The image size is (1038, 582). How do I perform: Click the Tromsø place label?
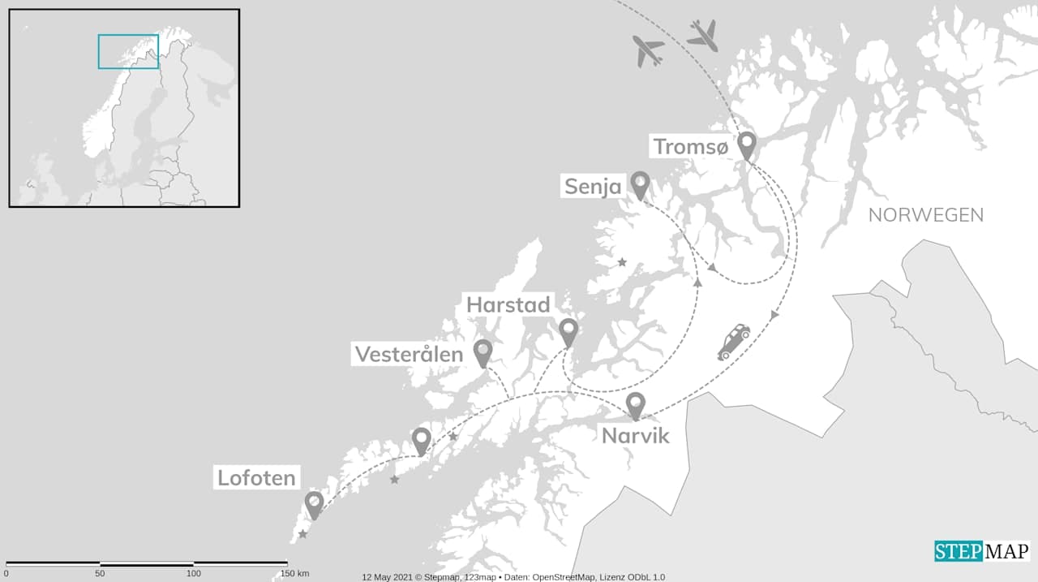[x=692, y=147]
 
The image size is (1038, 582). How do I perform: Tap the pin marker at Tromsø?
[x=746, y=145]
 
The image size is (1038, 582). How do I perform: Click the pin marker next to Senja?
[x=640, y=184]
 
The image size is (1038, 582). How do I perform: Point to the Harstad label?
[x=508, y=305]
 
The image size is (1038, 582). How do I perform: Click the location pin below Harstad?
[x=568, y=331]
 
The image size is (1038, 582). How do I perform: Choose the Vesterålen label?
[x=409, y=354]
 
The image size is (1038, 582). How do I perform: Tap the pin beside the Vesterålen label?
[x=483, y=351]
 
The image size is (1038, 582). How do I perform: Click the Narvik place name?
[x=636, y=436]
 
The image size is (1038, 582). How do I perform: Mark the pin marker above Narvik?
[x=636, y=404]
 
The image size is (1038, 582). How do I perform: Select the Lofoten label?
[x=256, y=477]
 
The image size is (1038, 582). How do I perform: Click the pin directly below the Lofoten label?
[x=314, y=504]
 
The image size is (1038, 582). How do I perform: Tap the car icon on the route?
[x=733, y=342]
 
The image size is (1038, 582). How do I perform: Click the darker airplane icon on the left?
[x=648, y=50]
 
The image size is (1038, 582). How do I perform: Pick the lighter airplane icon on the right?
[x=702, y=35]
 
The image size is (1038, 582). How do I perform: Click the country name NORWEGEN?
[x=925, y=215]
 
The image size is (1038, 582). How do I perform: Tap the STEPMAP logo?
[x=981, y=551]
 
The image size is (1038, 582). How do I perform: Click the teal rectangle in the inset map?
[x=128, y=51]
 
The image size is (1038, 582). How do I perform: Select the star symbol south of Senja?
[x=622, y=262]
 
